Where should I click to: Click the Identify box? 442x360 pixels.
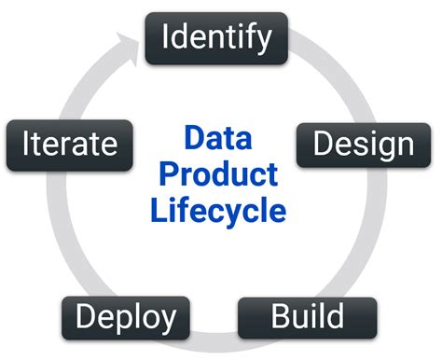[217, 37]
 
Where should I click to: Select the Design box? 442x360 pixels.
[363, 144]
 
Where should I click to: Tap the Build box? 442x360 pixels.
[307, 317]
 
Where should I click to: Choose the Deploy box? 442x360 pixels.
[125, 317]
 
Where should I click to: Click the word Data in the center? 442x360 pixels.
[217, 139]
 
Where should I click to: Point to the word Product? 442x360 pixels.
[217, 173]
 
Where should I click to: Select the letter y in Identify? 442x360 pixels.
[265, 40]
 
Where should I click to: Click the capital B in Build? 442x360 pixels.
[281, 317]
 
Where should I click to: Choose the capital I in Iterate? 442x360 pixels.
[23, 144]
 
